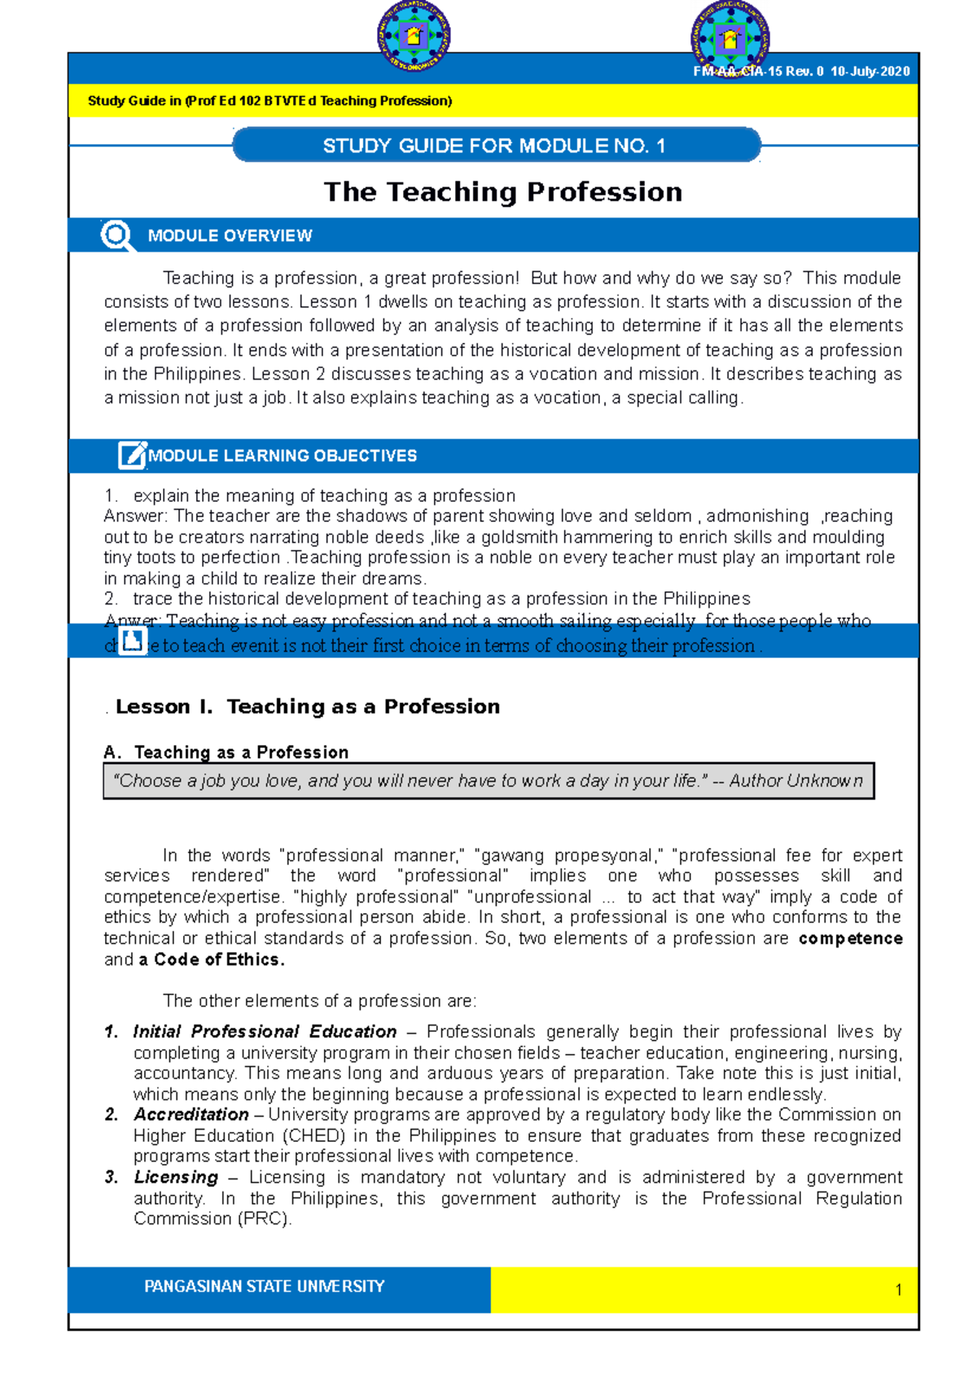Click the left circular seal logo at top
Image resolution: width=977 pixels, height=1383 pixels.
pyautogui.click(x=414, y=36)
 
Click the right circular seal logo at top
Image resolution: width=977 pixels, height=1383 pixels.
pyautogui.click(x=729, y=37)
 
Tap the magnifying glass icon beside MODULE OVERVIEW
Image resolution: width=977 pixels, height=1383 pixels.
pyautogui.click(x=116, y=235)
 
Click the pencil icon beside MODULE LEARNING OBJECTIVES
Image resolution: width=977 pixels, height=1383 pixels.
pyautogui.click(x=131, y=455)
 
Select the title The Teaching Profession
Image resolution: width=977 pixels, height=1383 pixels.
pyautogui.click(x=502, y=191)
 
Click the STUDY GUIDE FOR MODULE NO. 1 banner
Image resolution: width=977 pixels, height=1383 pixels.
pyautogui.click(x=495, y=146)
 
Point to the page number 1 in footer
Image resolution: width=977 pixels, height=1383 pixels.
pyautogui.click(x=898, y=1289)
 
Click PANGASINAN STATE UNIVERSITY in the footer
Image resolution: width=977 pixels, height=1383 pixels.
pyautogui.click(x=264, y=1286)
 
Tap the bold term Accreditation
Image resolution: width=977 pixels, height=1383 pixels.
pyautogui.click(x=191, y=1114)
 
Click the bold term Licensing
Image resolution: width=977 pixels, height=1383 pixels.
pyautogui.click(x=176, y=1177)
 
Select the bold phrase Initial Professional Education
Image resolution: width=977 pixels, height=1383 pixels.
pyautogui.click(x=265, y=1031)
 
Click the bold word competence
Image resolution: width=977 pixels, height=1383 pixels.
pyautogui.click(x=850, y=938)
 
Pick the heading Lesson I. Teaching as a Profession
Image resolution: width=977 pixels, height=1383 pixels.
pyautogui.click(x=307, y=706)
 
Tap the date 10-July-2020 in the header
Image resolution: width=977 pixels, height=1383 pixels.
pyautogui.click(x=870, y=71)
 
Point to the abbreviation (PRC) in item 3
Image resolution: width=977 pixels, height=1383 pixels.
pyautogui.click(x=264, y=1218)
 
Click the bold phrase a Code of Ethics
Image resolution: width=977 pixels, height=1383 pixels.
pyautogui.click(x=212, y=959)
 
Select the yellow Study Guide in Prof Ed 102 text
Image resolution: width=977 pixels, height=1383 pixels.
pyautogui.click(x=269, y=101)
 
